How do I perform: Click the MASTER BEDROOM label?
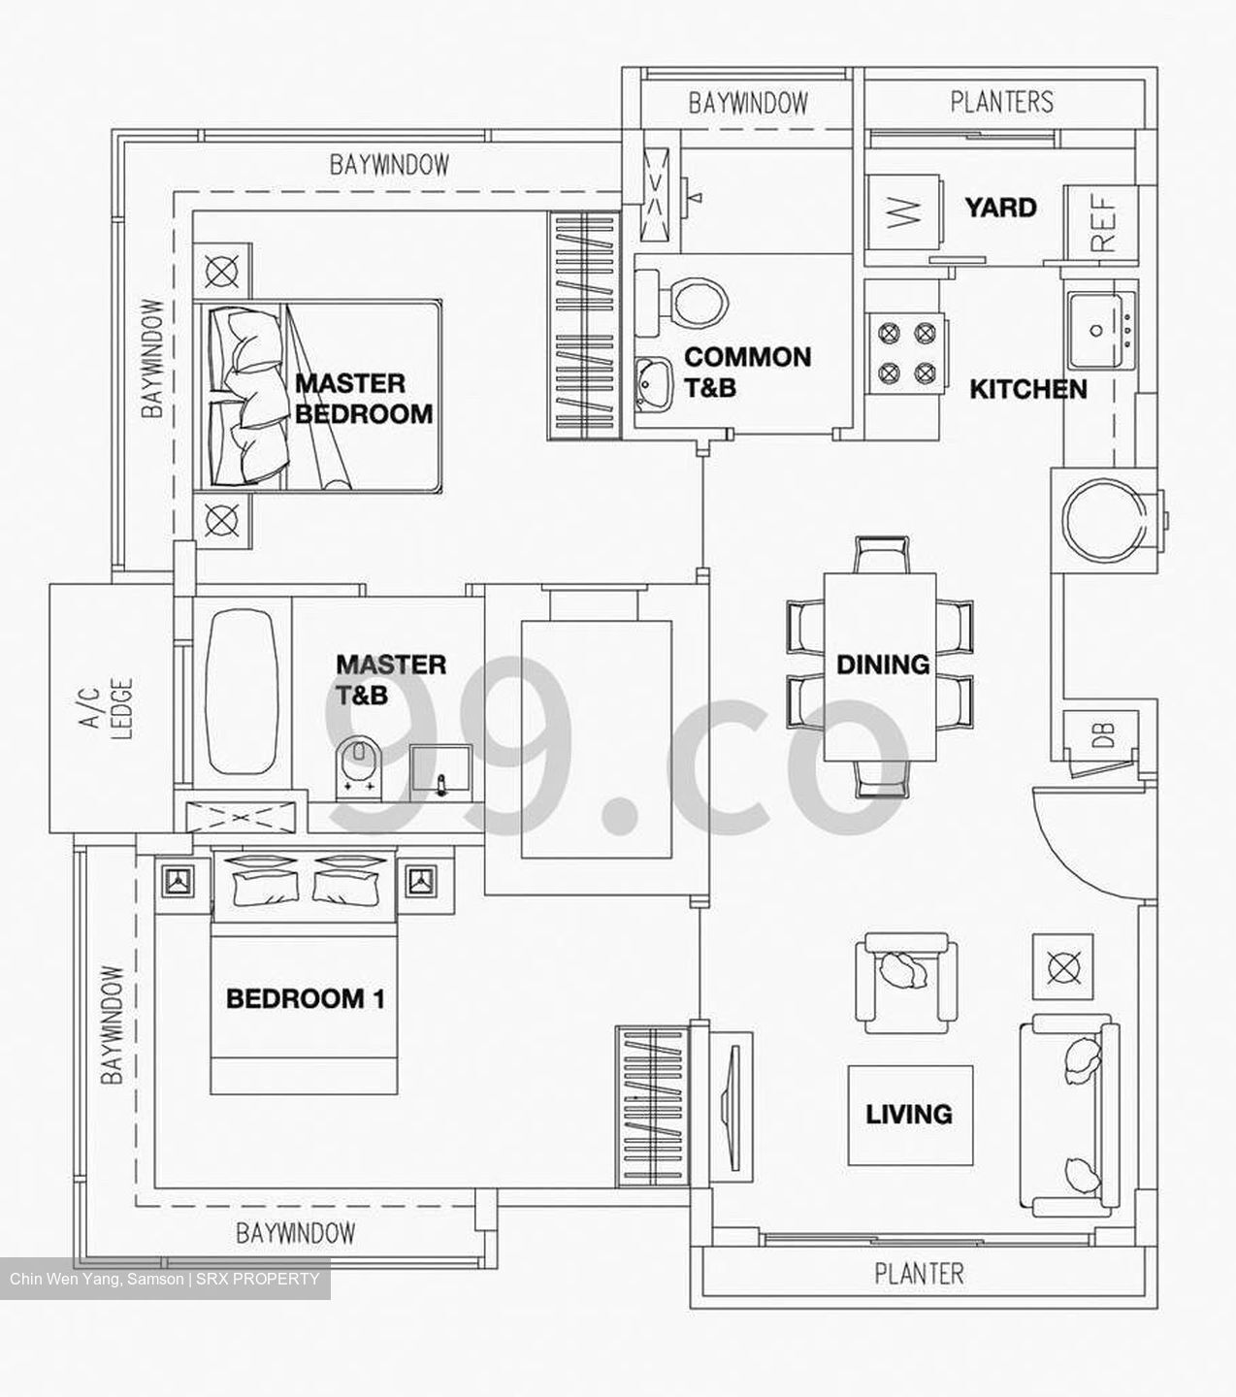tap(364, 399)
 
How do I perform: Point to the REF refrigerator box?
tap(1102, 222)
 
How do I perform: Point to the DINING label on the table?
tap(882, 665)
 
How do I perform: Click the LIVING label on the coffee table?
tap(909, 1114)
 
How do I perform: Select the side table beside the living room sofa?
tap(1062, 966)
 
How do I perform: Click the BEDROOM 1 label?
tap(306, 998)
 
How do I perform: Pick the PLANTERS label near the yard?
tap(1001, 102)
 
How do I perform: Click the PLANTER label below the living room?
tap(919, 1273)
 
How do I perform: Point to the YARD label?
tap(999, 208)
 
